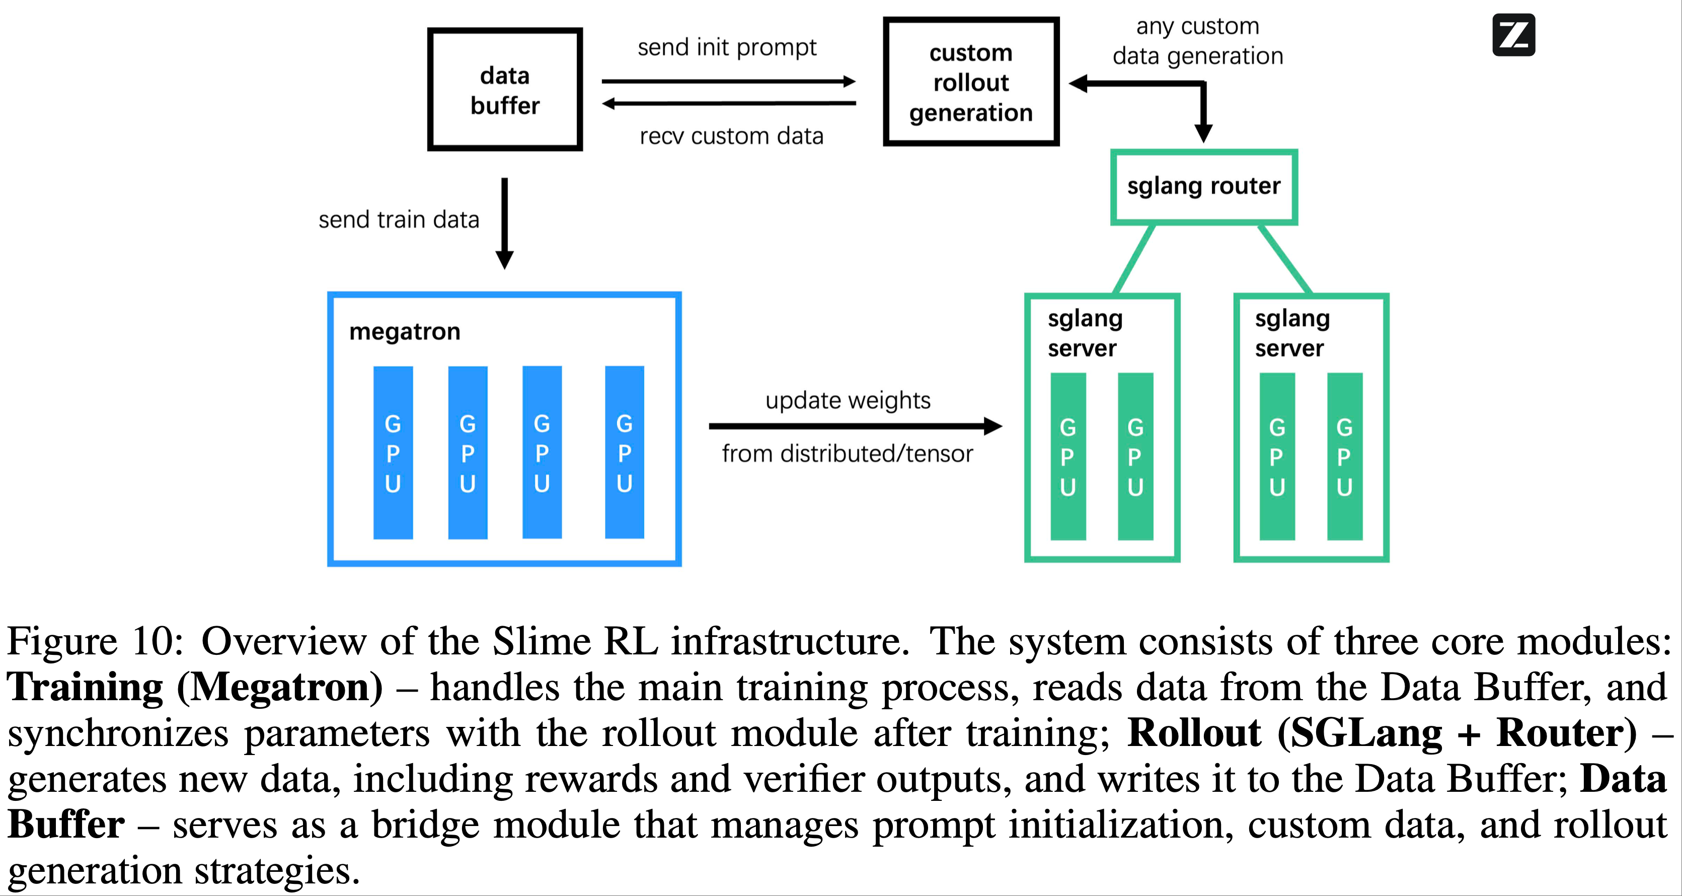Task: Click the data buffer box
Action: coord(505,90)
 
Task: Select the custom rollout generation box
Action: coord(970,82)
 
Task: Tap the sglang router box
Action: coord(1203,187)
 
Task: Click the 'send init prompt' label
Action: coord(727,47)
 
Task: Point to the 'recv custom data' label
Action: coord(731,136)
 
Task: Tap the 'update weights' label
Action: coord(848,400)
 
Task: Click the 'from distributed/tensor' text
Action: coord(847,453)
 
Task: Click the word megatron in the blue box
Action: coord(405,332)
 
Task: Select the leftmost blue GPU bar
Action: coord(393,453)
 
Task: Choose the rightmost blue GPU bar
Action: coord(624,452)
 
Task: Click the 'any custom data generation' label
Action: coord(1197,41)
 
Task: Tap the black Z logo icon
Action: coord(1513,35)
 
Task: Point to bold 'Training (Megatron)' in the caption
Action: coord(195,687)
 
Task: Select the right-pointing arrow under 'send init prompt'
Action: coord(728,82)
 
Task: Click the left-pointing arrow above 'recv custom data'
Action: coord(728,103)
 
